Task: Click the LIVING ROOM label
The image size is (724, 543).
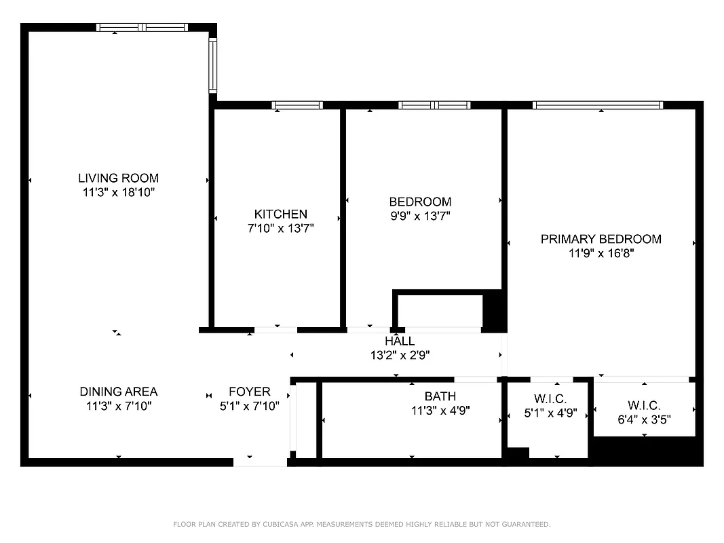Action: pos(118,179)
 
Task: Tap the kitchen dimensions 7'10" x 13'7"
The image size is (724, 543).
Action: pos(280,229)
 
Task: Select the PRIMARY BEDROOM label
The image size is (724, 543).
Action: pos(601,239)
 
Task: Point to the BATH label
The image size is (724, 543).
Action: pos(440,396)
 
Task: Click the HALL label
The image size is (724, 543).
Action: pos(399,341)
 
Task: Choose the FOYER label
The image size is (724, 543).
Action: pos(249,392)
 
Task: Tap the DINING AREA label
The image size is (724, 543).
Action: pos(118,392)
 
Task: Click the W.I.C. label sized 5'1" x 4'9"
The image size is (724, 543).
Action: pos(550,398)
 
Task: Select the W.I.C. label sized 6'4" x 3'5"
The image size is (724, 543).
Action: pos(644,405)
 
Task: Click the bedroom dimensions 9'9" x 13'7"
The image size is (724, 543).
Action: pos(419,216)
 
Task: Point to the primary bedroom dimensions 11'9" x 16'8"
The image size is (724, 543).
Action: pos(601,253)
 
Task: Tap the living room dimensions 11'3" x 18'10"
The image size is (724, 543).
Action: pos(118,193)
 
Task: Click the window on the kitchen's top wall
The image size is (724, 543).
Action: pos(297,105)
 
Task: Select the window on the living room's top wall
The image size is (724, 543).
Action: pos(142,28)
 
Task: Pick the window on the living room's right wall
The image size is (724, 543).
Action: pos(212,65)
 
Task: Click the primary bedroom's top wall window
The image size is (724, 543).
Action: pos(597,105)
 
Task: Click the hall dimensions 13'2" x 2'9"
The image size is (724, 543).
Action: pos(399,355)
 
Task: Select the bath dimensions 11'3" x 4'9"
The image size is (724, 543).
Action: pos(440,411)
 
